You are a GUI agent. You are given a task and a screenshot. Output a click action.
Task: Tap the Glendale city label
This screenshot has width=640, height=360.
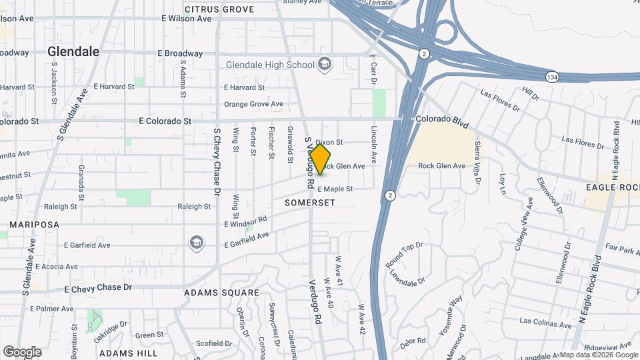73,51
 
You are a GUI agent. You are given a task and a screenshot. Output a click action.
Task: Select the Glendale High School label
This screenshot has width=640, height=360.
270,65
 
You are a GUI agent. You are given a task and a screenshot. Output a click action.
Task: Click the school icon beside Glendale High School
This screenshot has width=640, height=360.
325,64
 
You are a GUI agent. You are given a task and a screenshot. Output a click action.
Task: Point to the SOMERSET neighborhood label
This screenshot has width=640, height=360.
309,202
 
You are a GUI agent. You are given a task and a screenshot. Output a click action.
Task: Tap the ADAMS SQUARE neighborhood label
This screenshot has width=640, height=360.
221,293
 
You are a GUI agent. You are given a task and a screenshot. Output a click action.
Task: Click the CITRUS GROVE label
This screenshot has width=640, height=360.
219,9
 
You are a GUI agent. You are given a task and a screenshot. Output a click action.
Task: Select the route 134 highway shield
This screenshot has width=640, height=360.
551,75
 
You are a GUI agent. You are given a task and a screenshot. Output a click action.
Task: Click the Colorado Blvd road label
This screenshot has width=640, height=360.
442,122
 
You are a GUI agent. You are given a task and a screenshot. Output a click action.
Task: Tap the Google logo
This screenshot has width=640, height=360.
22,352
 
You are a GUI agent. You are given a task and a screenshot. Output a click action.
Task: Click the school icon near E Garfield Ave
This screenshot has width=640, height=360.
196,241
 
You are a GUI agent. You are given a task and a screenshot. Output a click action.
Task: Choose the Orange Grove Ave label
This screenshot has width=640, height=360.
253,104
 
